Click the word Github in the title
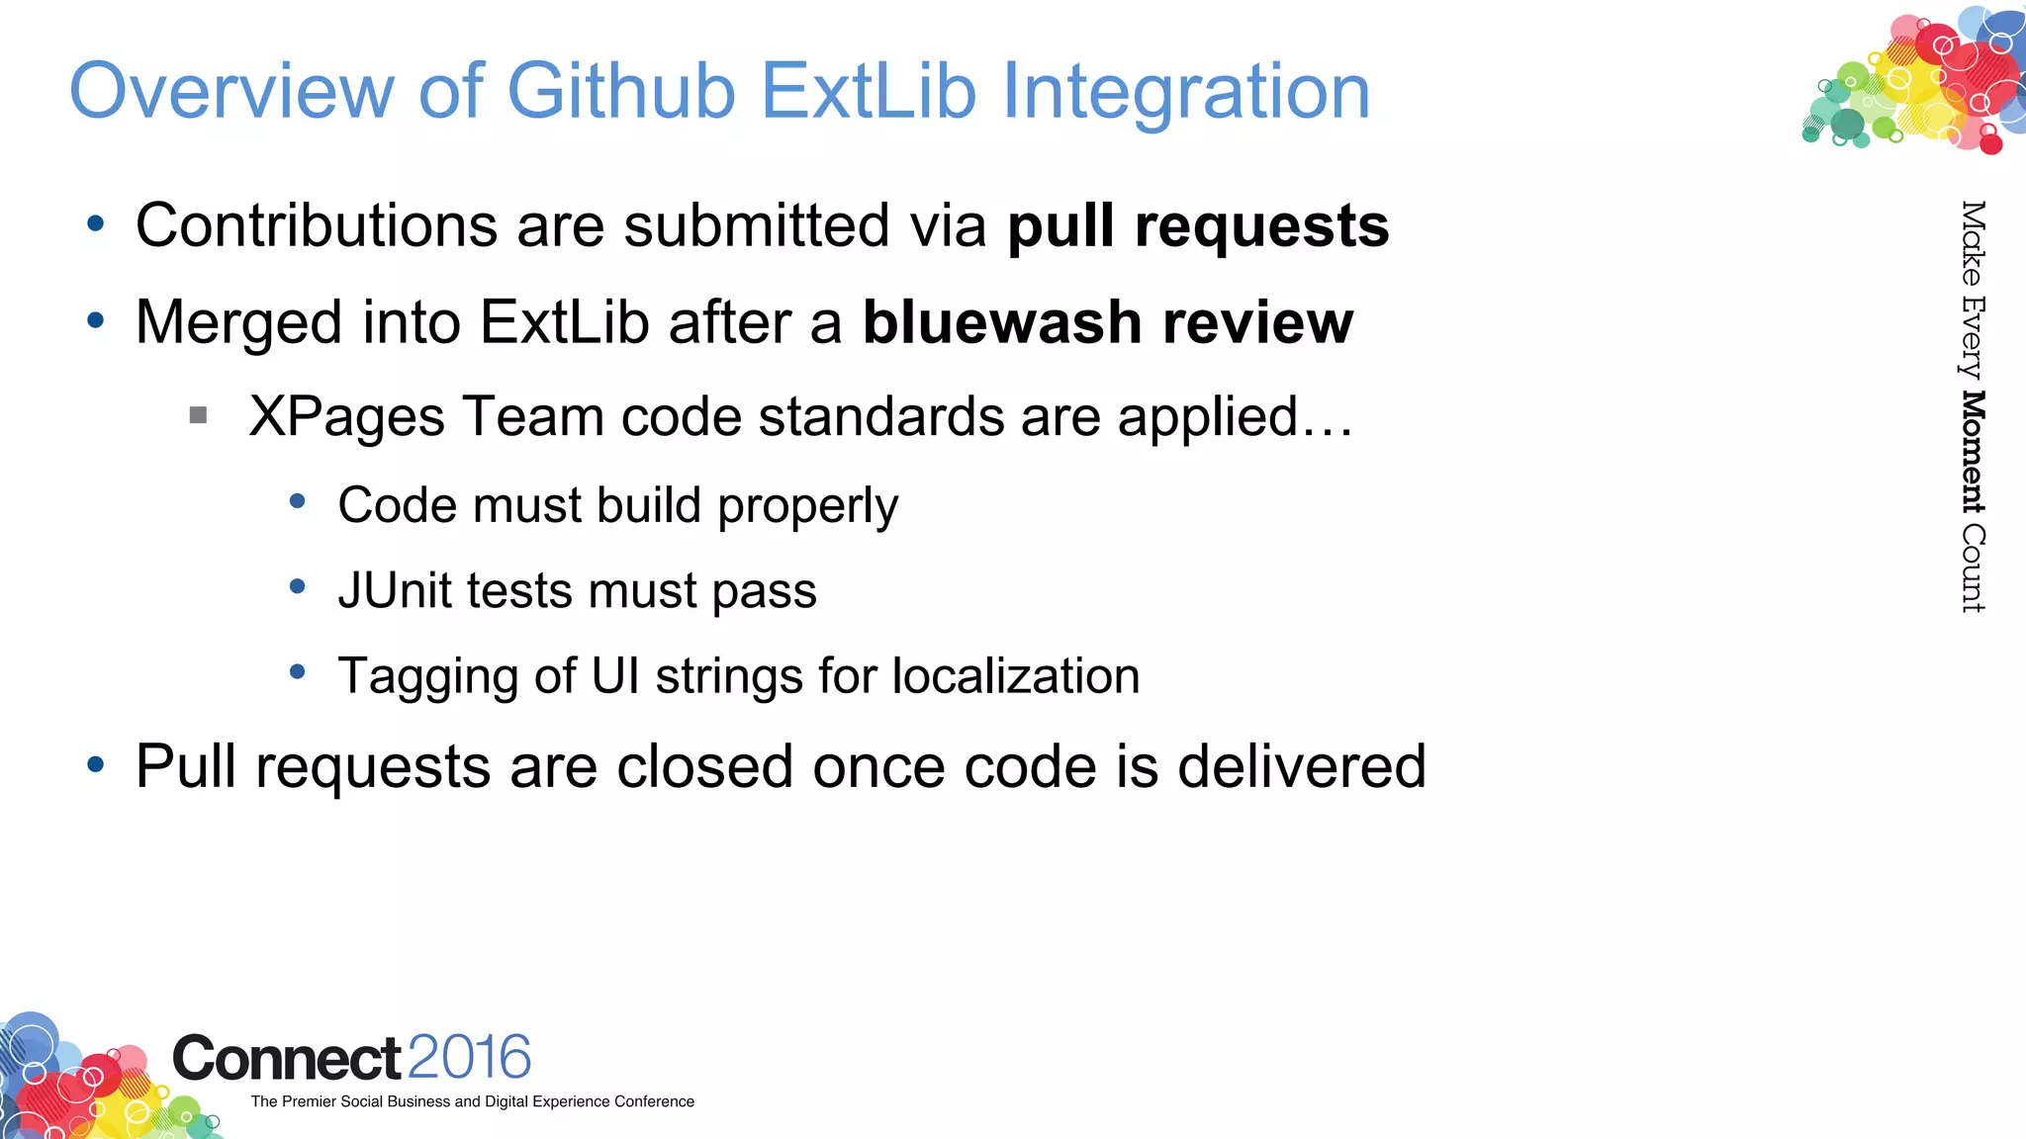(620, 92)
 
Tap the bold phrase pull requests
(1198, 226)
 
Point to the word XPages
(346, 416)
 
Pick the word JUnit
(393, 590)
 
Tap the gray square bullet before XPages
(198, 415)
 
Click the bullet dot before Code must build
(298, 502)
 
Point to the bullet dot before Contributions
(96, 223)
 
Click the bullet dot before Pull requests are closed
(96, 764)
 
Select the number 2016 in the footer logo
(469, 1058)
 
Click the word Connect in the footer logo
(287, 1059)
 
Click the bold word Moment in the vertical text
(1973, 452)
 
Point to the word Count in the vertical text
(1973, 568)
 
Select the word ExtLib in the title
(870, 92)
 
